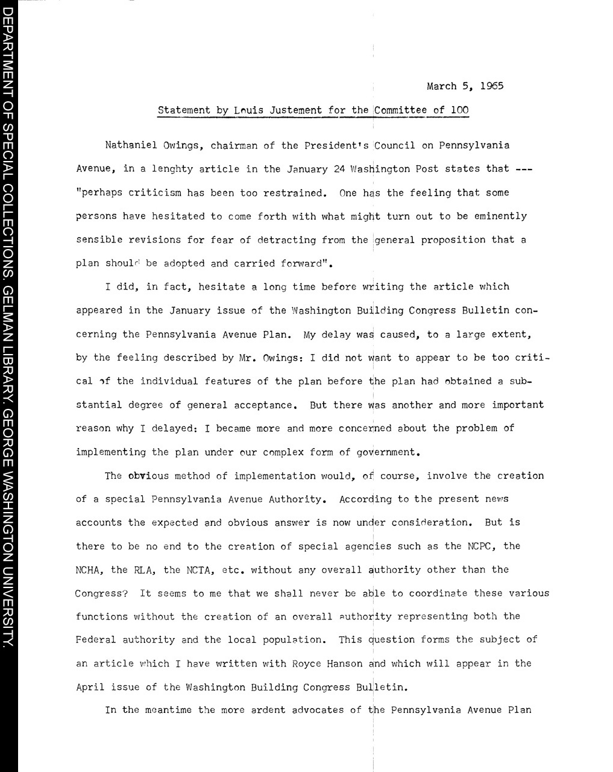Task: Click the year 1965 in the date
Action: (492, 86)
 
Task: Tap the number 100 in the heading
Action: (460, 110)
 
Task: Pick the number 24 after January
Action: (339, 169)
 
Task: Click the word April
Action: (90, 687)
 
